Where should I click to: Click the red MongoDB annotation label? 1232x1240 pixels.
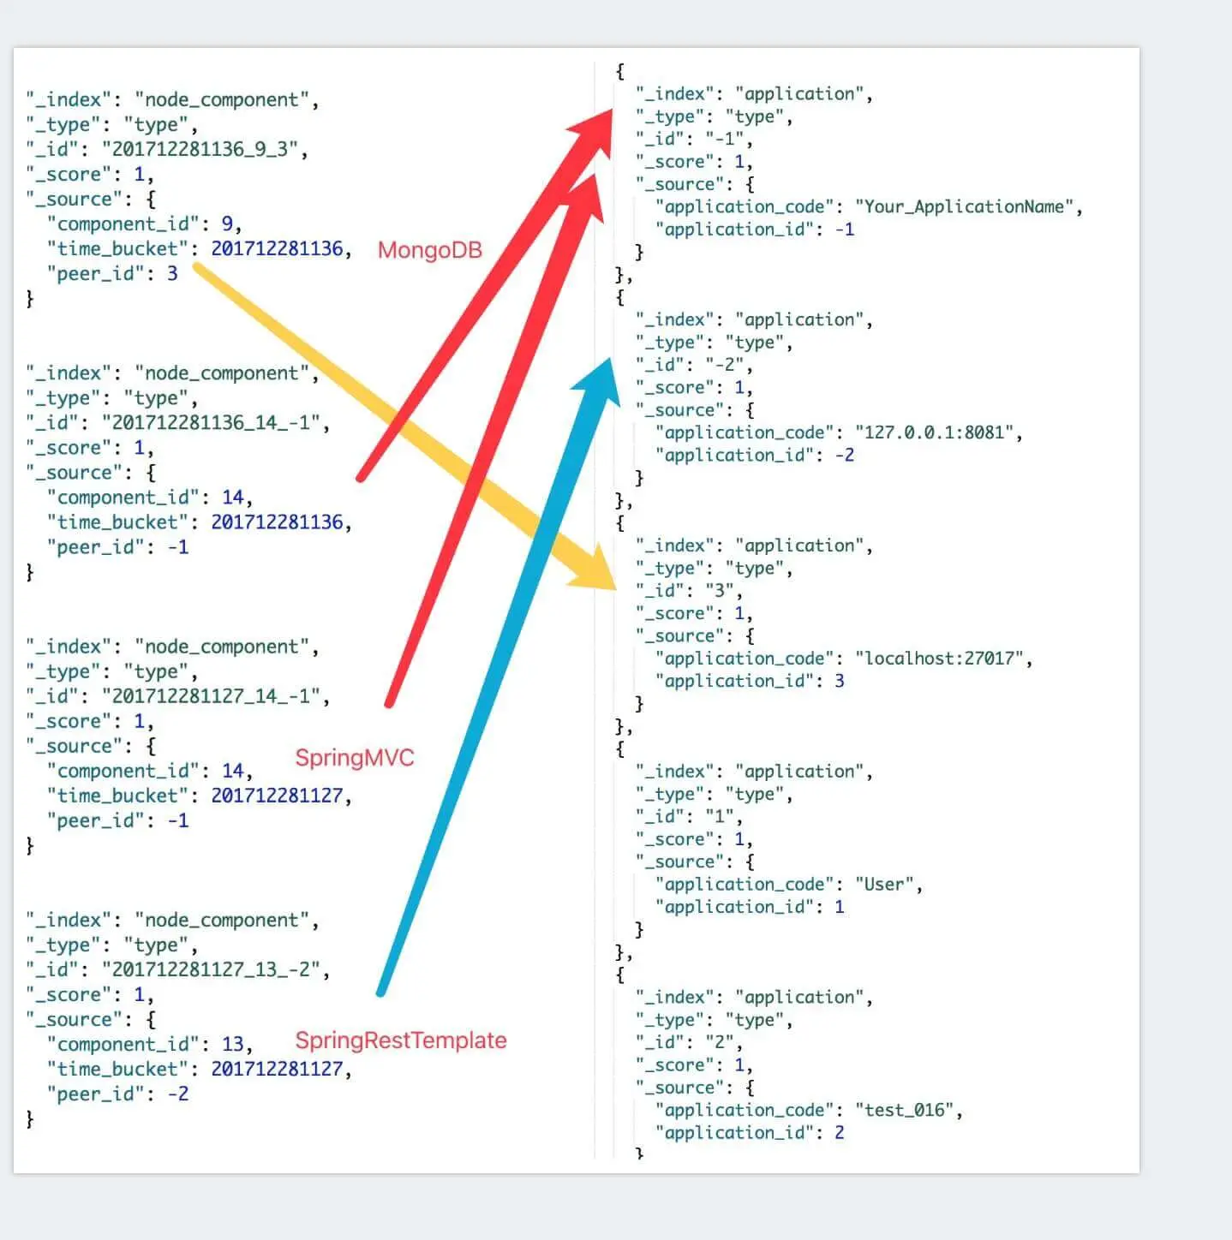[429, 250]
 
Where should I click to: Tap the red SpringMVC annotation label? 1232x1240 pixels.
[354, 758]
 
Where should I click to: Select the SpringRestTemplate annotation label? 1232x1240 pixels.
[400, 1040]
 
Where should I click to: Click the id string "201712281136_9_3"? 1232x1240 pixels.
[204, 149]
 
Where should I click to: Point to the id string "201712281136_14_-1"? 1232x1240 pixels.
[215, 423]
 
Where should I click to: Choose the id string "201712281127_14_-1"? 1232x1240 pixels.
[215, 696]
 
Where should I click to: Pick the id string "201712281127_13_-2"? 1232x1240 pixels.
[215, 969]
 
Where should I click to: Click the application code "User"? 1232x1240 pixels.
[884, 885]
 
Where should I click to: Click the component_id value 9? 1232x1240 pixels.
[227, 224]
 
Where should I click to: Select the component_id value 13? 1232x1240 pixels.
[233, 1045]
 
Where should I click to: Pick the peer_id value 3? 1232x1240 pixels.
[172, 274]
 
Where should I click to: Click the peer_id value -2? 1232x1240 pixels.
[177, 1094]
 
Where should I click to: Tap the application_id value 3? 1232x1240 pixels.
[840, 681]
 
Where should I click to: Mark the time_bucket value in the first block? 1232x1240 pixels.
[277, 249]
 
